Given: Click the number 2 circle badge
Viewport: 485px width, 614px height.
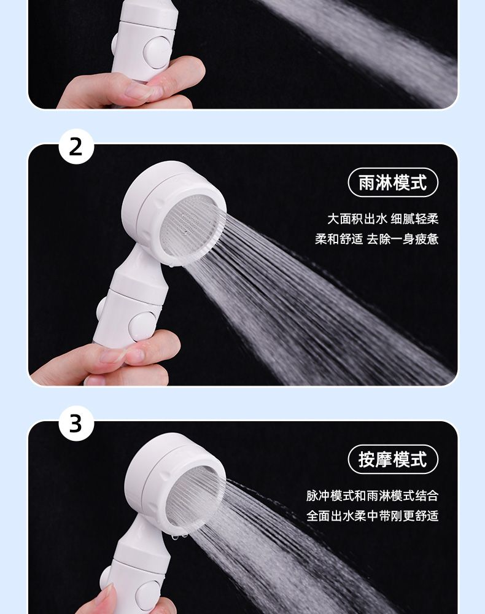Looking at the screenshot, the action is pyautogui.click(x=76, y=147).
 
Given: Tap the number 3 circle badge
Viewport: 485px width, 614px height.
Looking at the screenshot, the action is pyautogui.click(x=76, y=423).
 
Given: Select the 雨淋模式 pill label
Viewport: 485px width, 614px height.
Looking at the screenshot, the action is pyautogui.click(x=393, y=182).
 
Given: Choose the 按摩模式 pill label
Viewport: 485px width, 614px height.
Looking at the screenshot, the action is pyautogui.click(x=393, y=459).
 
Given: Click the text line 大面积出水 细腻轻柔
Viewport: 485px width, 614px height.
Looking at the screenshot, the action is pyautogui.click(x=383, y=219).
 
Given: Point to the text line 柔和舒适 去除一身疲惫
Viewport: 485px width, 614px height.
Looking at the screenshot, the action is pyautogui.click(x=376, y=238).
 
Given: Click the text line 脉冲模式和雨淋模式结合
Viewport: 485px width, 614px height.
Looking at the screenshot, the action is pyautogui.click(x=372, y=495).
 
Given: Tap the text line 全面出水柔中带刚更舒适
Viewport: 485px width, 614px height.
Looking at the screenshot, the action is pyautogui.click(x=372, y=515).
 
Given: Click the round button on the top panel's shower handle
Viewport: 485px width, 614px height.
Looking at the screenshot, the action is pyautogui.click(x=156, y=53).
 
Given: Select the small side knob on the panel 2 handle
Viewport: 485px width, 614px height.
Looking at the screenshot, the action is pyautogui.click(x=101, y=308).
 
